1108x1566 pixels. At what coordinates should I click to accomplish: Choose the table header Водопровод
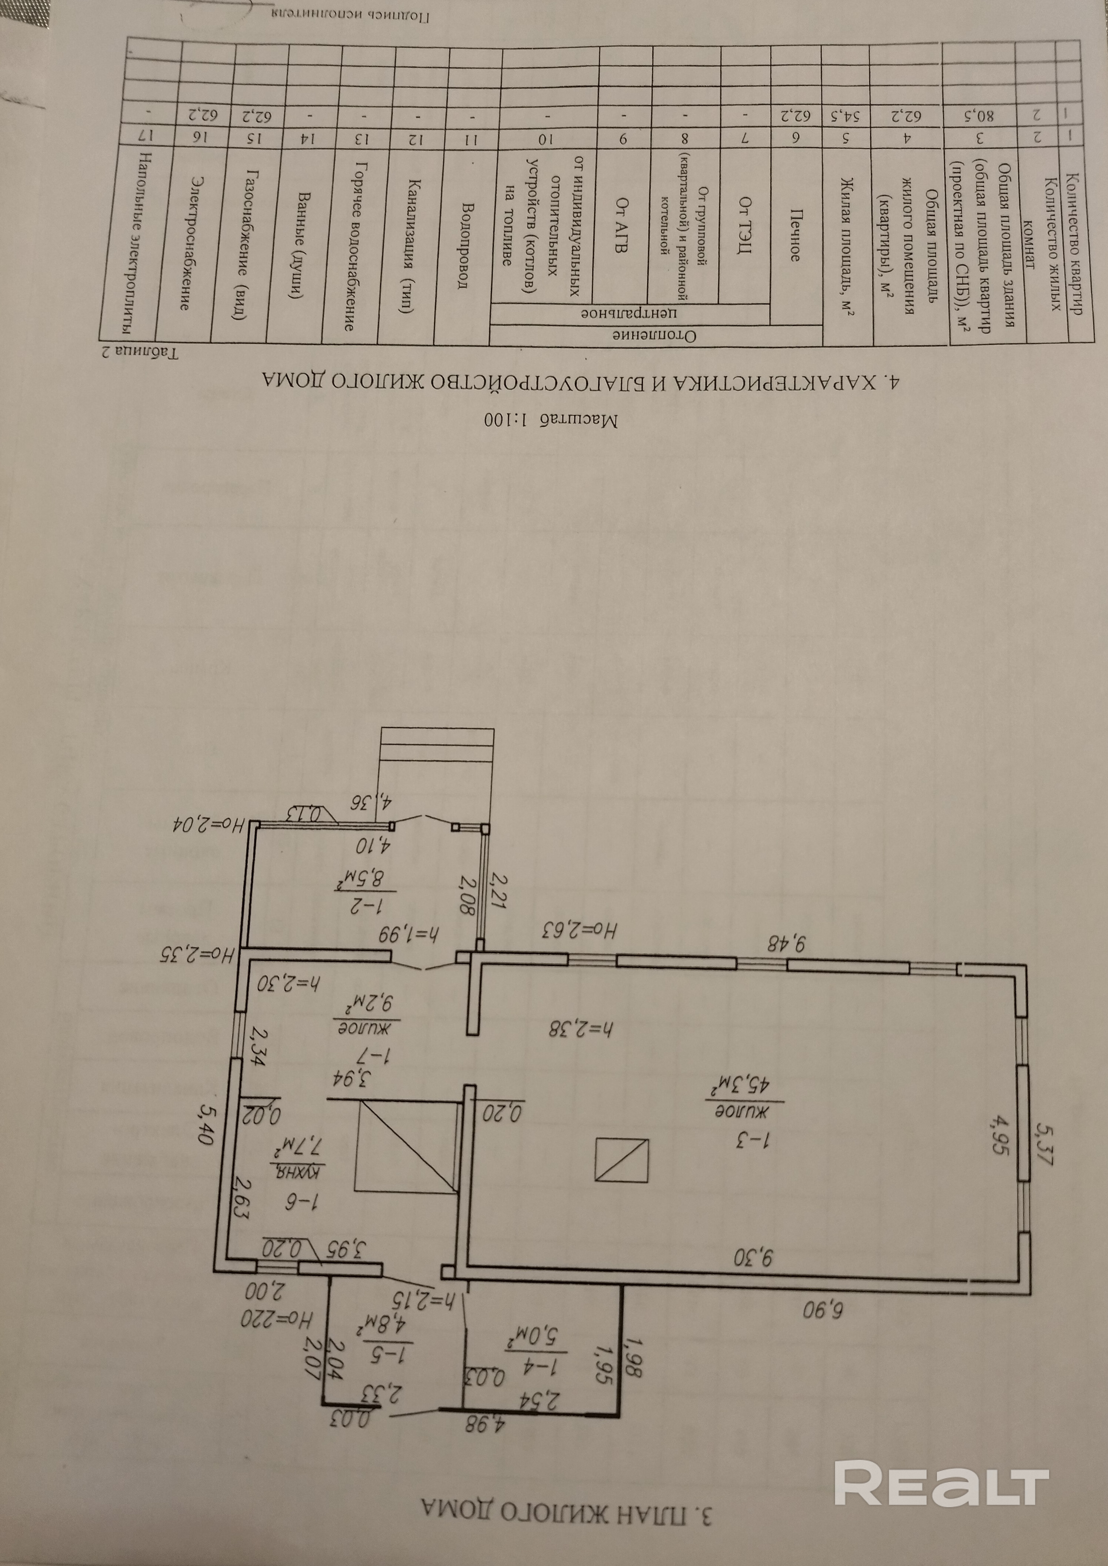[x=464, y=245]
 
